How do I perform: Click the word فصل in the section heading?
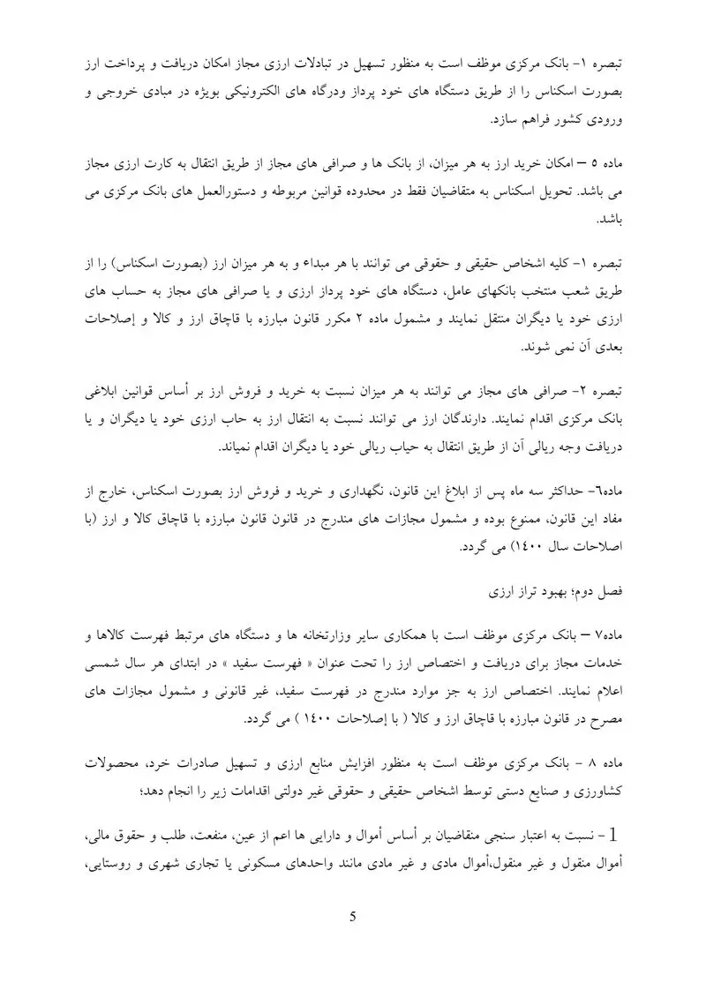pos(614,589)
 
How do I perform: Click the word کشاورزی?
pos(599,783)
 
